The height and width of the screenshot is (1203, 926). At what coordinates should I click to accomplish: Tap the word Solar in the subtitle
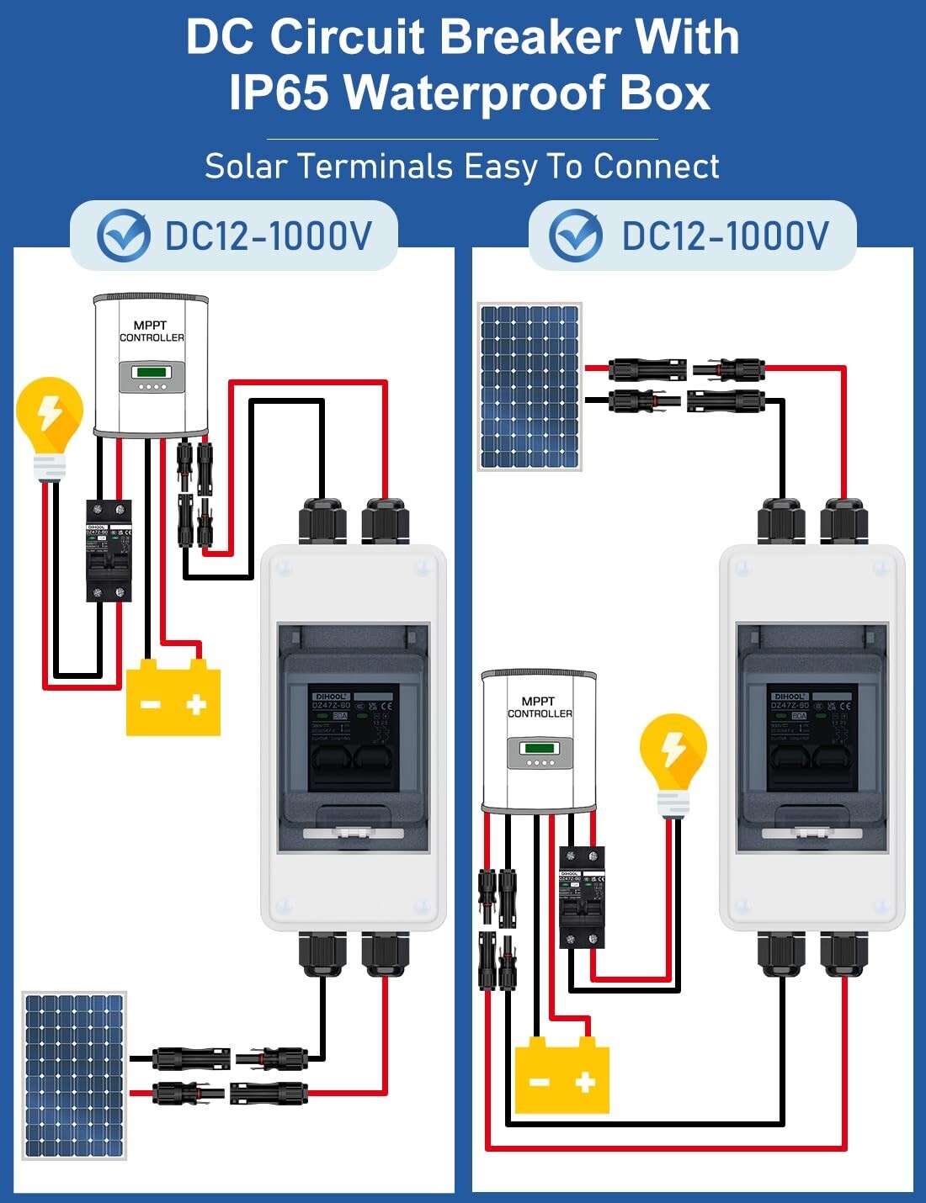tap(244, 167)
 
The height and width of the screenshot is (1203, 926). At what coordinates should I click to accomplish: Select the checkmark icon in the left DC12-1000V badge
tap(124, 236)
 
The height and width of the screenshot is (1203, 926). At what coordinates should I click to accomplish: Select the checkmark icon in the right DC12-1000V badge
tap(576, 236)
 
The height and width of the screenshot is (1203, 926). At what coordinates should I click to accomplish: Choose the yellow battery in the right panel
tap(561, 1075)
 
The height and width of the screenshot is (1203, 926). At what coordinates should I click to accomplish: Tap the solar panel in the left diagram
tap(74, 1075)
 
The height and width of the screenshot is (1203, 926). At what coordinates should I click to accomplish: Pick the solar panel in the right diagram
tap(530, 386)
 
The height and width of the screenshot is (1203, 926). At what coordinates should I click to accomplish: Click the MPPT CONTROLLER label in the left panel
tap(152, 331)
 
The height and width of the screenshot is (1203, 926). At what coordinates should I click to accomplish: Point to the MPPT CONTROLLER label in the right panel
tap(540, 707)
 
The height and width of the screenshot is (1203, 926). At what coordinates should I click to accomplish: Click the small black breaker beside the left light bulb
tap(109, 550)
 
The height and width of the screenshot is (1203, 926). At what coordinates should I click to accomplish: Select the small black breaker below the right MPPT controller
tap(582, 897)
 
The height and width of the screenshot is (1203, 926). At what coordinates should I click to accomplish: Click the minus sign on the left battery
tap(151, 704)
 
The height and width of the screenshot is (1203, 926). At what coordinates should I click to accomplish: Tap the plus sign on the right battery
tap(585, 1082)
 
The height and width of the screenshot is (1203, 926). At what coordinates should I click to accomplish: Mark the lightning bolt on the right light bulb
tap(673, 748)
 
